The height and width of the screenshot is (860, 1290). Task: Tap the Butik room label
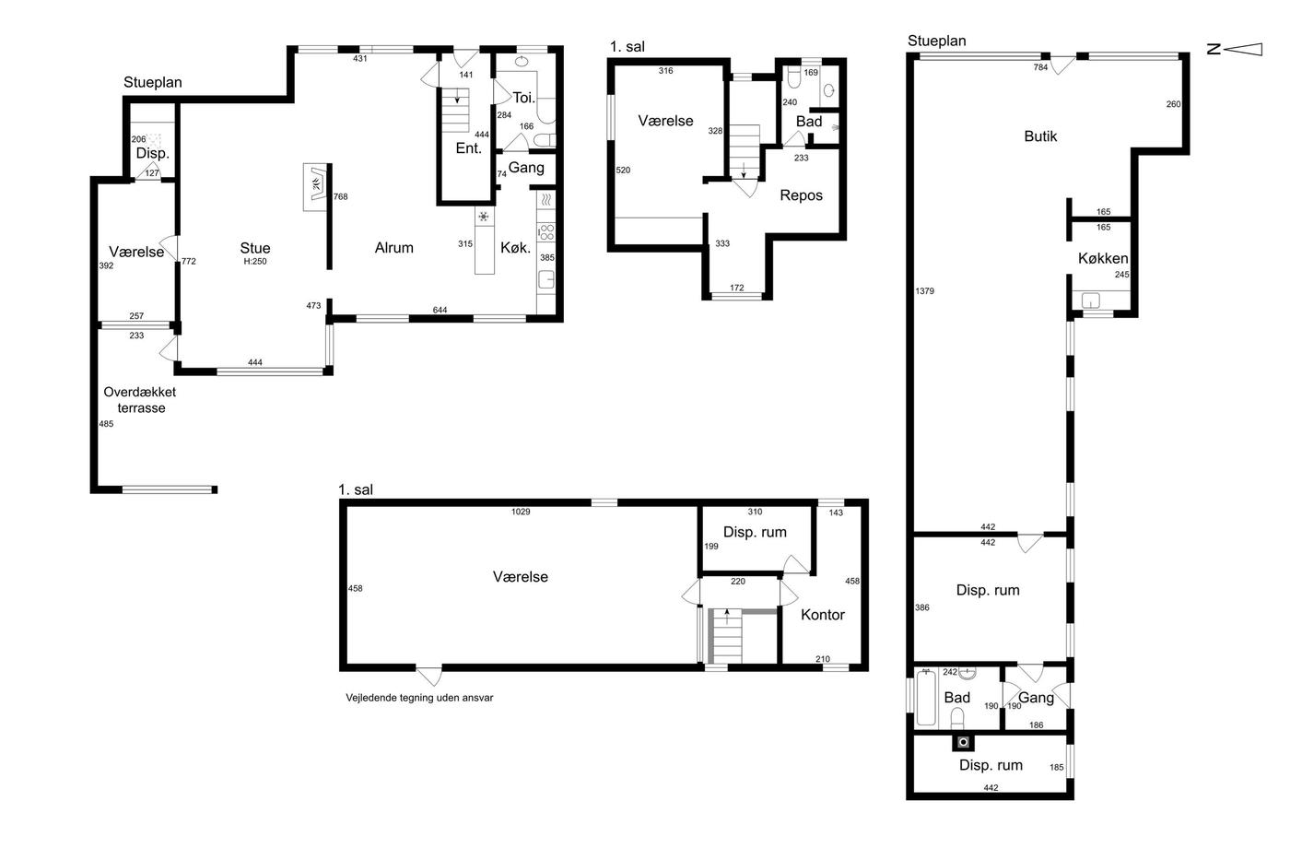[1040, 136]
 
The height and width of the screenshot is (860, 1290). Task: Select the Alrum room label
[394, 248]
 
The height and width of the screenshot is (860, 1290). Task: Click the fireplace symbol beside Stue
[316, 186]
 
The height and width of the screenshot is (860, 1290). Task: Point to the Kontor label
[822, 615]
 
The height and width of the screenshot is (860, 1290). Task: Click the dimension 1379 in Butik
[924, 291]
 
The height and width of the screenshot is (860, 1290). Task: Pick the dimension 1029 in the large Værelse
[521, 512]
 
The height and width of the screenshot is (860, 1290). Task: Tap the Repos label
[801, 195]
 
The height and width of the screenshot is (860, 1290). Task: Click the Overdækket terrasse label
[140, 400]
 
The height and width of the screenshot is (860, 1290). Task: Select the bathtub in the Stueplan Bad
[926, 697]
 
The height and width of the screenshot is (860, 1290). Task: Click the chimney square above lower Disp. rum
[963, 742]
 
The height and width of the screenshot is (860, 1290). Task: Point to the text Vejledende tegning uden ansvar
[419, 698]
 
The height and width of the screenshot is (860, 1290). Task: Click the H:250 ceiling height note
[255, 262]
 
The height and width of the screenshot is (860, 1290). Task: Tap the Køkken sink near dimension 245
[1091, 300]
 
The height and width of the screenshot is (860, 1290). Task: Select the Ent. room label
[468, 148]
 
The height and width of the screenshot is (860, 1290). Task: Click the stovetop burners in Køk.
[545, 232]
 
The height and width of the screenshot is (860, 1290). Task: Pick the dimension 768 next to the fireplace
[340, 196]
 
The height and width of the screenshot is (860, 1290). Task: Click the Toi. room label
[524, 98]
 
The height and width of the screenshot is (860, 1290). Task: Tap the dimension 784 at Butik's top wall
[1040, 67]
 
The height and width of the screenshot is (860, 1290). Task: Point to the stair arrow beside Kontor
[727, 617]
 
